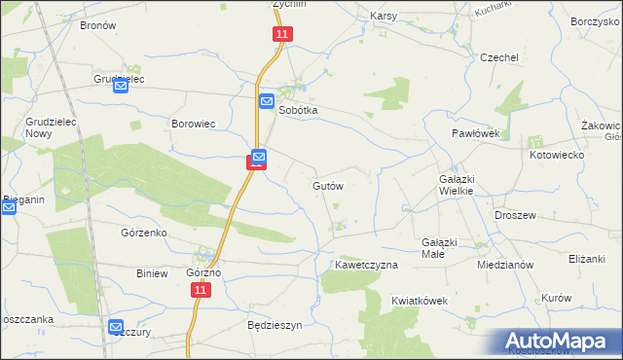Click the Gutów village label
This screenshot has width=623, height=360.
pyautogui.click(x=328, y=185)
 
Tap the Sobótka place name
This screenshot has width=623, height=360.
pyautogui.click(x=299, y=111)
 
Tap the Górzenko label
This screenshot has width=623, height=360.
pyautogui.click(x=144, y=234)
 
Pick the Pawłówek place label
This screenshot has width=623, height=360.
pyautogui.click(x=475, y=133)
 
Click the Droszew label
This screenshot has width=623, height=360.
pyautogui.click(x=516, y=215)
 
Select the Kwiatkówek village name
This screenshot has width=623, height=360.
pyautogui.click(x=420, y=301)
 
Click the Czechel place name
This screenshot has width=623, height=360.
pyautogui.click(x=499, y=57)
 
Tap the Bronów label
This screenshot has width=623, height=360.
pyautogui.click(x=98, y=25)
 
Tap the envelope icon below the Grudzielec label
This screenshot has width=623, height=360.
pyautogui.click(x=121, y=87)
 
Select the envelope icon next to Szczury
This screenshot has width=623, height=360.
pyautogui.click(x=117, y=328)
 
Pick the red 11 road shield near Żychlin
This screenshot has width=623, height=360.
pyautogui.click(x=281, y=34)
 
